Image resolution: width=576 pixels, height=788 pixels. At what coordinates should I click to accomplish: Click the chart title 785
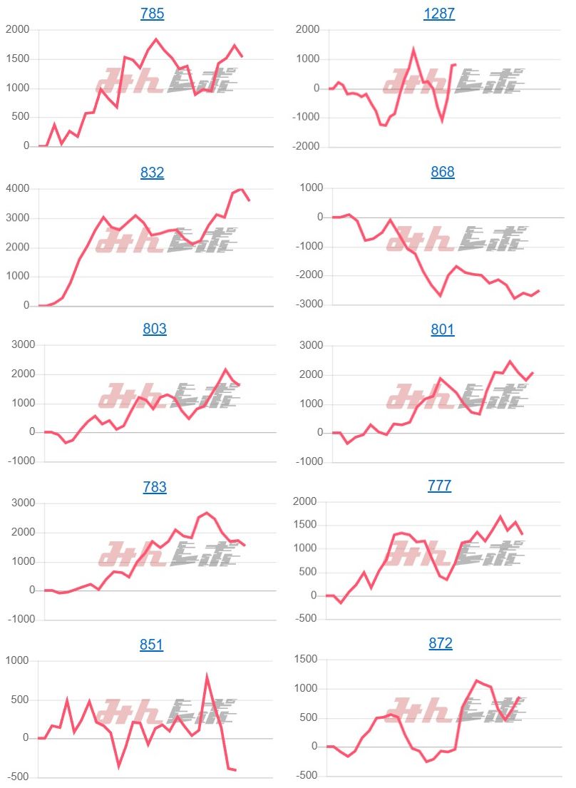[152, 14]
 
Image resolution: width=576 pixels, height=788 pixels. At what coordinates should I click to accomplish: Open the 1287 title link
[439, 14]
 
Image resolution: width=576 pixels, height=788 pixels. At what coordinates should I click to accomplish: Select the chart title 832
[152, 172]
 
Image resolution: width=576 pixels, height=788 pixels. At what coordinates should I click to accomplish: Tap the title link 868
[443, 172]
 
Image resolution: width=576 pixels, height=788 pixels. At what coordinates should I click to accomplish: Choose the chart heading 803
[155, 329]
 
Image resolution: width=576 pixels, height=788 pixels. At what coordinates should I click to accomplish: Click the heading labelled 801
[443, 329]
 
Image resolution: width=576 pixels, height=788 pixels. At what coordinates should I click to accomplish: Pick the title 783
[155, 487]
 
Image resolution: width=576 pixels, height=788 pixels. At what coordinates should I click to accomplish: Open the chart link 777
[439, 486]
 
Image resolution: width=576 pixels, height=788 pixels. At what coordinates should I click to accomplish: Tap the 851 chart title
[151, 645]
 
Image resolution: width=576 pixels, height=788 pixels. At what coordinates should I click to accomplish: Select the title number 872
[441, 643]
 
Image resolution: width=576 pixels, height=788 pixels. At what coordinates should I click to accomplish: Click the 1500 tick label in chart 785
[17, 59]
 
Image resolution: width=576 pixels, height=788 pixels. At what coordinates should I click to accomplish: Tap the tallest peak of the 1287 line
[413, 49]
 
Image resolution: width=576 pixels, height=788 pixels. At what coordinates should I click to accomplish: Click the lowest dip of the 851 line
[118, 766]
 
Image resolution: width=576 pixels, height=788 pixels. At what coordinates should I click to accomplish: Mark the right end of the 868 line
[539, 290]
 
